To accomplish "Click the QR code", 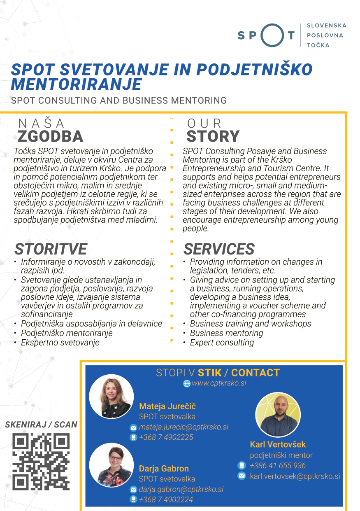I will [x=41, y=462].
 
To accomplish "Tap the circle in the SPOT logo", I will [x=272, y=35].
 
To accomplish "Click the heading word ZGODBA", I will [x=50, y=136].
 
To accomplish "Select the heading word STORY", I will [x=213, y=136].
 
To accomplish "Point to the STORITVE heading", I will [x=51, y=249].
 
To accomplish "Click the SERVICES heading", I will [x=219, y=249].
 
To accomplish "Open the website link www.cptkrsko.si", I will [x=219, y=383].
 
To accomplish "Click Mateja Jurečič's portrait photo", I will [x=111, y=396].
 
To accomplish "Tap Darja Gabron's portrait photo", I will [x=111, y=464].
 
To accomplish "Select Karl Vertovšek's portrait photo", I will [x=278, y=415].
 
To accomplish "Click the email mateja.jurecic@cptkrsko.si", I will [x=183, y=427].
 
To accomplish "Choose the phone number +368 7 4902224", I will [x=166, y=499].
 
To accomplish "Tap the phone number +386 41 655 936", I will [x=278, y=466].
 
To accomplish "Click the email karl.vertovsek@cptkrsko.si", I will [x=295, y=476].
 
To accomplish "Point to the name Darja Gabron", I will [x=164, y=469].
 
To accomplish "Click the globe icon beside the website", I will [x=187, y=384].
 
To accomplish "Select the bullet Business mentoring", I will [x=226, y=333].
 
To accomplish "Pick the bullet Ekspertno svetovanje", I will [x=60, y=343].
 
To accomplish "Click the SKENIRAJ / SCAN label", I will [x=41, y=425].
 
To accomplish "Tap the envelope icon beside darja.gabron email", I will [x=133, y=490].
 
